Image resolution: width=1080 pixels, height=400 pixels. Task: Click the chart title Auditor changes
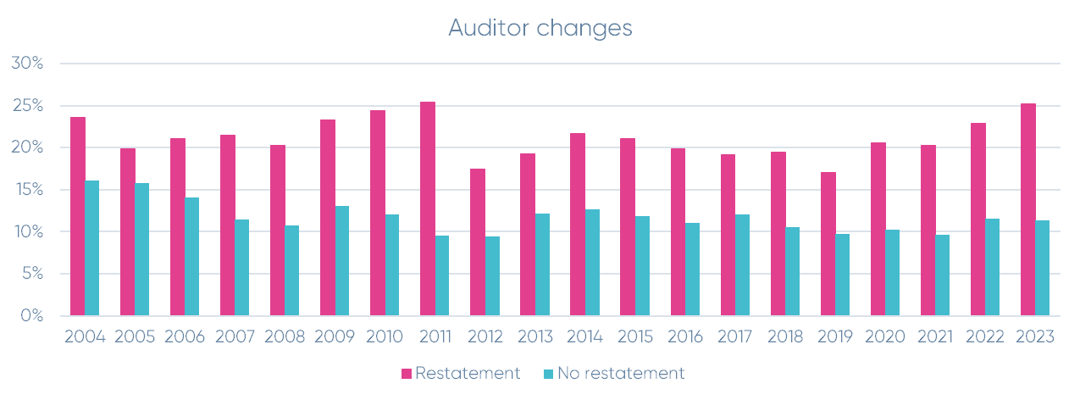pos(540,28)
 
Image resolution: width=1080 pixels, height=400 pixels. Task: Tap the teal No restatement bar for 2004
pos(91,247)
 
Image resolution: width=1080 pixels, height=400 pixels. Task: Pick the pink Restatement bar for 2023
pos(1028,209)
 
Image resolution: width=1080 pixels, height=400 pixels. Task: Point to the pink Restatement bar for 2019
pos(828,243)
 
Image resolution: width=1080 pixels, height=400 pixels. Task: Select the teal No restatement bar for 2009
pos(341,260)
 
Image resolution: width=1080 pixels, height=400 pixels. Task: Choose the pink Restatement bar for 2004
pos(77,216)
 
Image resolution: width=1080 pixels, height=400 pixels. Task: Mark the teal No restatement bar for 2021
pos(942,275)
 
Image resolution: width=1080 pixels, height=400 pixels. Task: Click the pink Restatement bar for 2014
pos(578,224)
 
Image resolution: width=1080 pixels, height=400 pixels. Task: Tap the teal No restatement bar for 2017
pos(742,264)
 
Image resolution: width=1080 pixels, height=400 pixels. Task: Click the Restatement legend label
pos(468,373)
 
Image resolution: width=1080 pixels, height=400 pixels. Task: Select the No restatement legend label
pos(621,373)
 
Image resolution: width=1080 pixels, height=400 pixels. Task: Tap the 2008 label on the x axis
pos(285,336)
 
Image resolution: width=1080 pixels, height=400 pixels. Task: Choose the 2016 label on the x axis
pos(685,336)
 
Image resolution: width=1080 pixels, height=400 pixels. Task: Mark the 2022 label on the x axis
pos(985,336)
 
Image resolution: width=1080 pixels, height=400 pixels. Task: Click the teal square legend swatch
pos(547,374)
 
